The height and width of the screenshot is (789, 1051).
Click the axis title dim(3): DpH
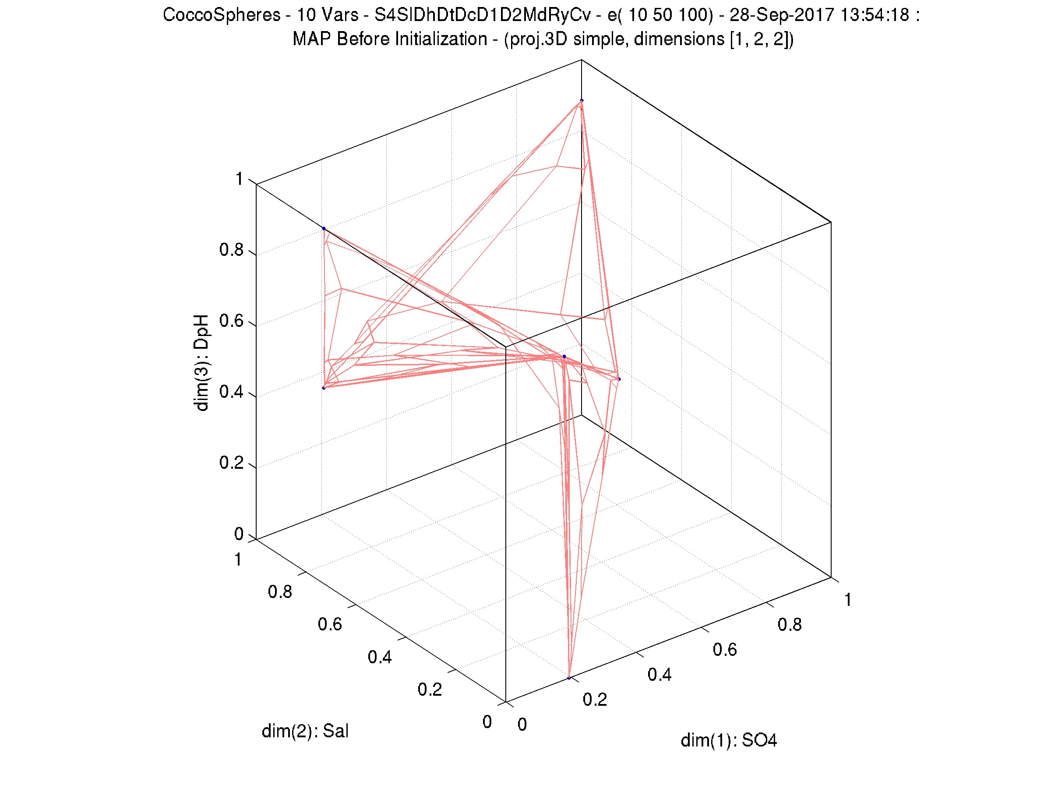(x=201, y=362)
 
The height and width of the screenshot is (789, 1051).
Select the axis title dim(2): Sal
(x=305, y=731)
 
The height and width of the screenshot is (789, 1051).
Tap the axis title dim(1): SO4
(x=728, y=740)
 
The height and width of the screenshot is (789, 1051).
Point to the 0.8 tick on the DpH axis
(x=231, y=250)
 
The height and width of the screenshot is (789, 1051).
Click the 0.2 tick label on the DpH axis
(x=231, y=463)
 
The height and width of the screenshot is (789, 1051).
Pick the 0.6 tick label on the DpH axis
(x=231, y=321)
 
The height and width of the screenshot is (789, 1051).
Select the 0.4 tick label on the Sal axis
(x=380, y=657)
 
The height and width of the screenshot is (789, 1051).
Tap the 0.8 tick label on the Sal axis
(x=280, y=592)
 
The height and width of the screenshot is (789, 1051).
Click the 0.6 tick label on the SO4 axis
(x=725, y=649)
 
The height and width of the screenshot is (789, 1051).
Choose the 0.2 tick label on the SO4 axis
(x=595, y=699)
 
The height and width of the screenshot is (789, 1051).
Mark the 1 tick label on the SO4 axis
(x=848, y=600)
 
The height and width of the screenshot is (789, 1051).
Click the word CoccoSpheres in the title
(x=222, y=15)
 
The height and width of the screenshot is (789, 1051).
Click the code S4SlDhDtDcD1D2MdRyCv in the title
(x=482, y=15)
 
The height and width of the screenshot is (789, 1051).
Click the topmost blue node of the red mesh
(x=582, y=101)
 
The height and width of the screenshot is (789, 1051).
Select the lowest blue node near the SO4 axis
(x=569, y=678)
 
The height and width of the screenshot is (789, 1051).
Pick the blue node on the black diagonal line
(x=324, y=229)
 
